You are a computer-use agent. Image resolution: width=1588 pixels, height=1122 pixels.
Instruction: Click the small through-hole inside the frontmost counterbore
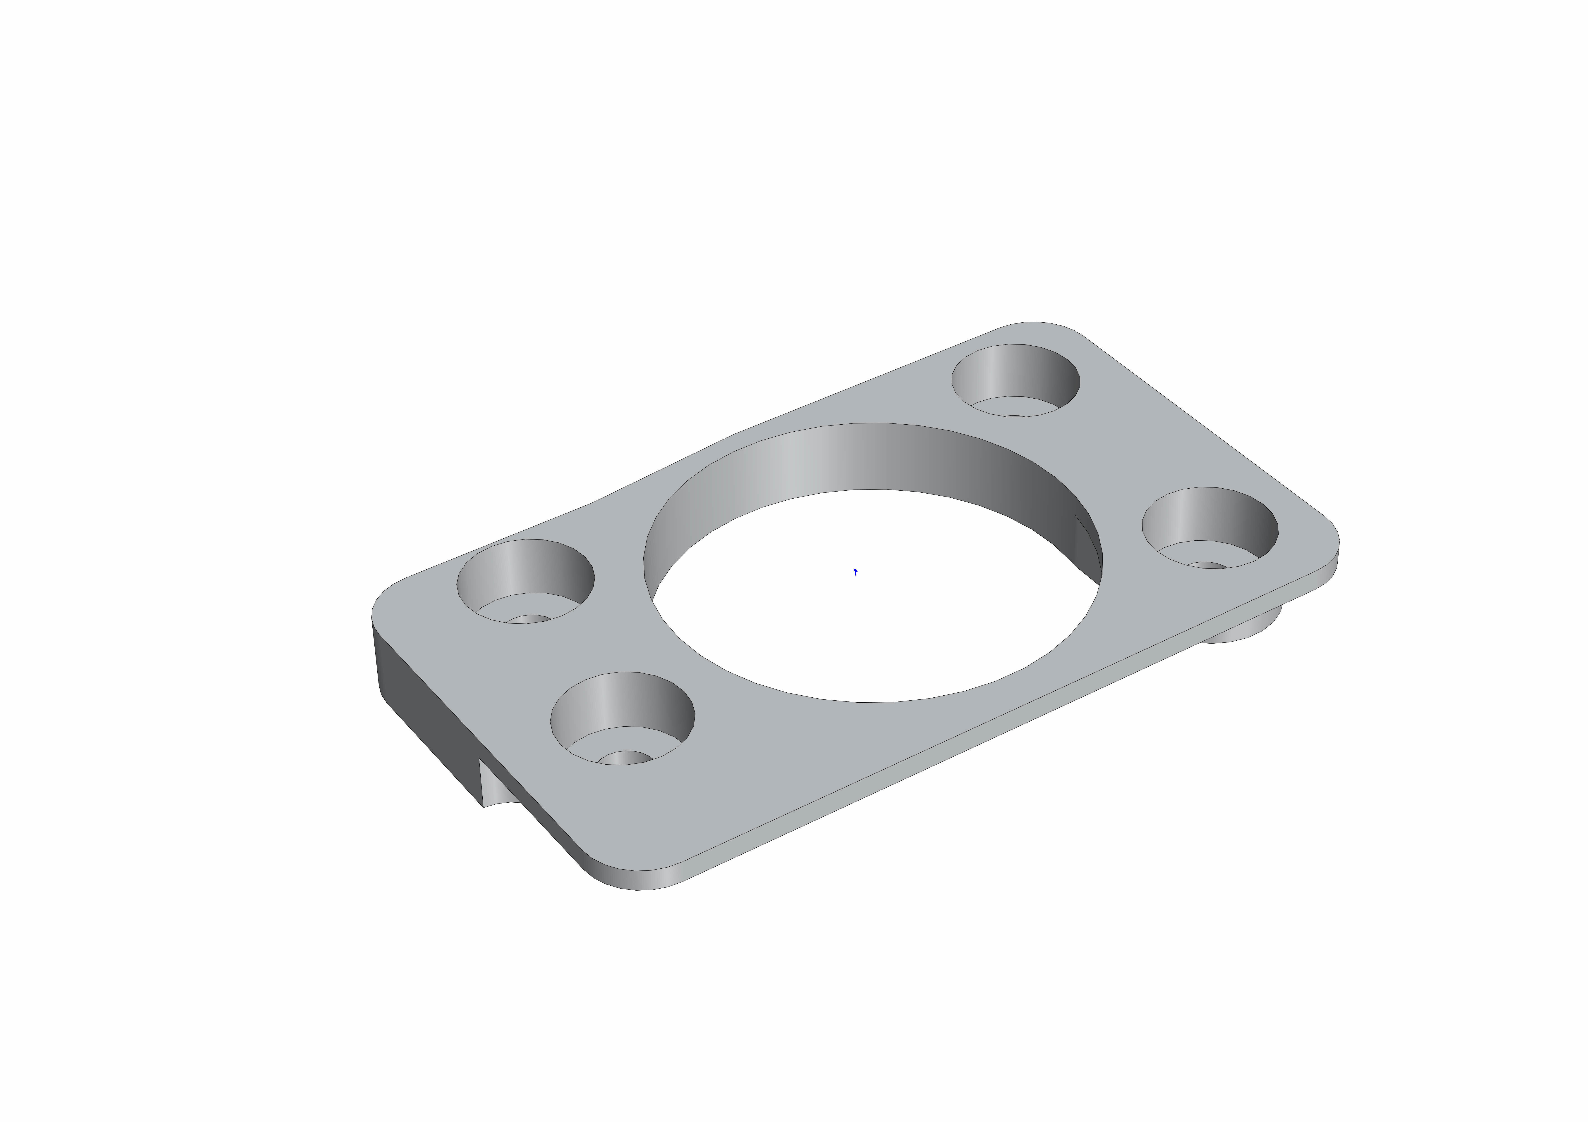(x=625, y=758)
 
